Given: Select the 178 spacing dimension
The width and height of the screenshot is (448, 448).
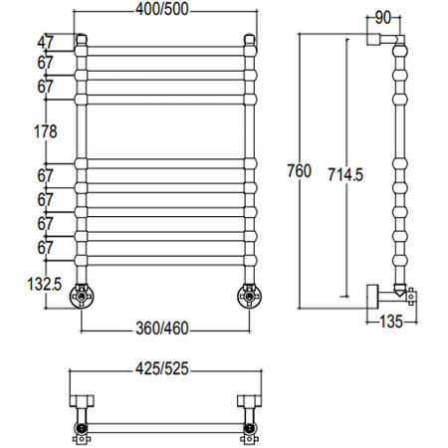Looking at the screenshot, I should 46,130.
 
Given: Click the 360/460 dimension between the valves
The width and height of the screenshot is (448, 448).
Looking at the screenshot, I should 164,330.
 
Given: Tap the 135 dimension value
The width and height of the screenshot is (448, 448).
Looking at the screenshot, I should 390,321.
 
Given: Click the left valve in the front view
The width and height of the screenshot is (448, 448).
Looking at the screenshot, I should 80,296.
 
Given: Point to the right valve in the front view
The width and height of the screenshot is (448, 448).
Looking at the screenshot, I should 247,296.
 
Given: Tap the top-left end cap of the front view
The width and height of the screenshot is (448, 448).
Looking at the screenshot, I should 83,41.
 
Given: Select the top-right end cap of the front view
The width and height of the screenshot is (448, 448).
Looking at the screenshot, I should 249,41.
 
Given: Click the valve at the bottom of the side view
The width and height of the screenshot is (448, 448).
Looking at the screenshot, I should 402,294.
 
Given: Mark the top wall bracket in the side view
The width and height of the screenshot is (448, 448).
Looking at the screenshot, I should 382,40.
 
